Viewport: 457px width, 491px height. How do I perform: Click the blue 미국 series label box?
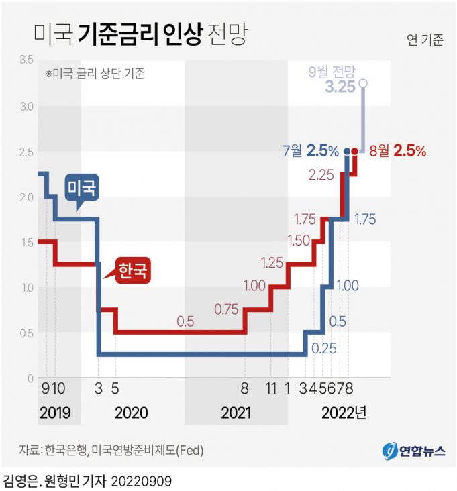81,188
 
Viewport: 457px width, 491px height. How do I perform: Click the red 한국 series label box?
132,270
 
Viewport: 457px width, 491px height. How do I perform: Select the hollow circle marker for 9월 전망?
363,83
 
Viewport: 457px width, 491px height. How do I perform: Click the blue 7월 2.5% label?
311,151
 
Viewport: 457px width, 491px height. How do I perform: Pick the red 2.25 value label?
321,175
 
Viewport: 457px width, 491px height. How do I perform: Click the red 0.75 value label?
227,309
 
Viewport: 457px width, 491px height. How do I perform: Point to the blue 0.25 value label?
323,349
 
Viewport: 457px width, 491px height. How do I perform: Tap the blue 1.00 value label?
346,286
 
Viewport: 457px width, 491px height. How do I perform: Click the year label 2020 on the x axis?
132,412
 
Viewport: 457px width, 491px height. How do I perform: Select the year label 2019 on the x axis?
54,412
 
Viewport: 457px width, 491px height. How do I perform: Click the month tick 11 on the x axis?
270,388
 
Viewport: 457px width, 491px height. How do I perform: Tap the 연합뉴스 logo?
414,451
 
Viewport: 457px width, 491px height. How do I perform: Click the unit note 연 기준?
425,40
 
